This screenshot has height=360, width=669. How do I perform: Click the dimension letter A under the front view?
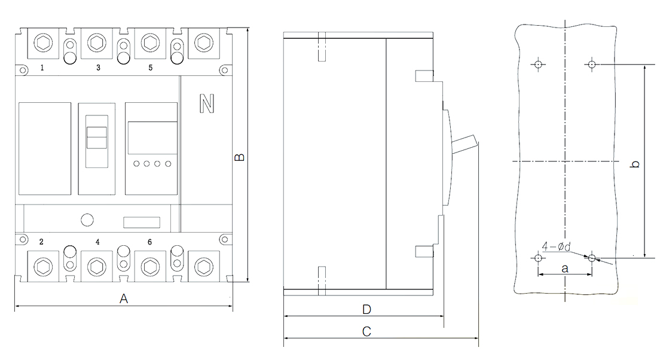124,298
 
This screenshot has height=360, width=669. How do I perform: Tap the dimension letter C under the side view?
366,331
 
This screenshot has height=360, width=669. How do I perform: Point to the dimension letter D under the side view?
366,309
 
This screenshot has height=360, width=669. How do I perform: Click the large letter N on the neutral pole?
207,103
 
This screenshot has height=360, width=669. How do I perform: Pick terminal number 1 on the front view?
42,68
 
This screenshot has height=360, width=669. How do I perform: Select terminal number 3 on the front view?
98,68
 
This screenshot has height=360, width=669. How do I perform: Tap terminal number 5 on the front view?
150,68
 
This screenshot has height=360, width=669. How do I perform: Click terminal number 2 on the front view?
41,242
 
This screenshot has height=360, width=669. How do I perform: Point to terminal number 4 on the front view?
97,242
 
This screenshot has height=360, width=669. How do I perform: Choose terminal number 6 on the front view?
149,242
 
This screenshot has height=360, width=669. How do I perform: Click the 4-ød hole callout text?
557,246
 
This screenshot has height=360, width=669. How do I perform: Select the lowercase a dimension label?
565,269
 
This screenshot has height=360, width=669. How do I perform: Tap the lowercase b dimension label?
635,164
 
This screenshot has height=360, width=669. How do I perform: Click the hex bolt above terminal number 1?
43,42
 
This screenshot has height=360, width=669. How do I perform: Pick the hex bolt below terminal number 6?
150,267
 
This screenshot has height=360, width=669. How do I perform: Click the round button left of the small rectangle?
87,219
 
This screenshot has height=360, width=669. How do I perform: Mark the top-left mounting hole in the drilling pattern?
539,65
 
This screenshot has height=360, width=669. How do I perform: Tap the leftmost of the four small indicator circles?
136,164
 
